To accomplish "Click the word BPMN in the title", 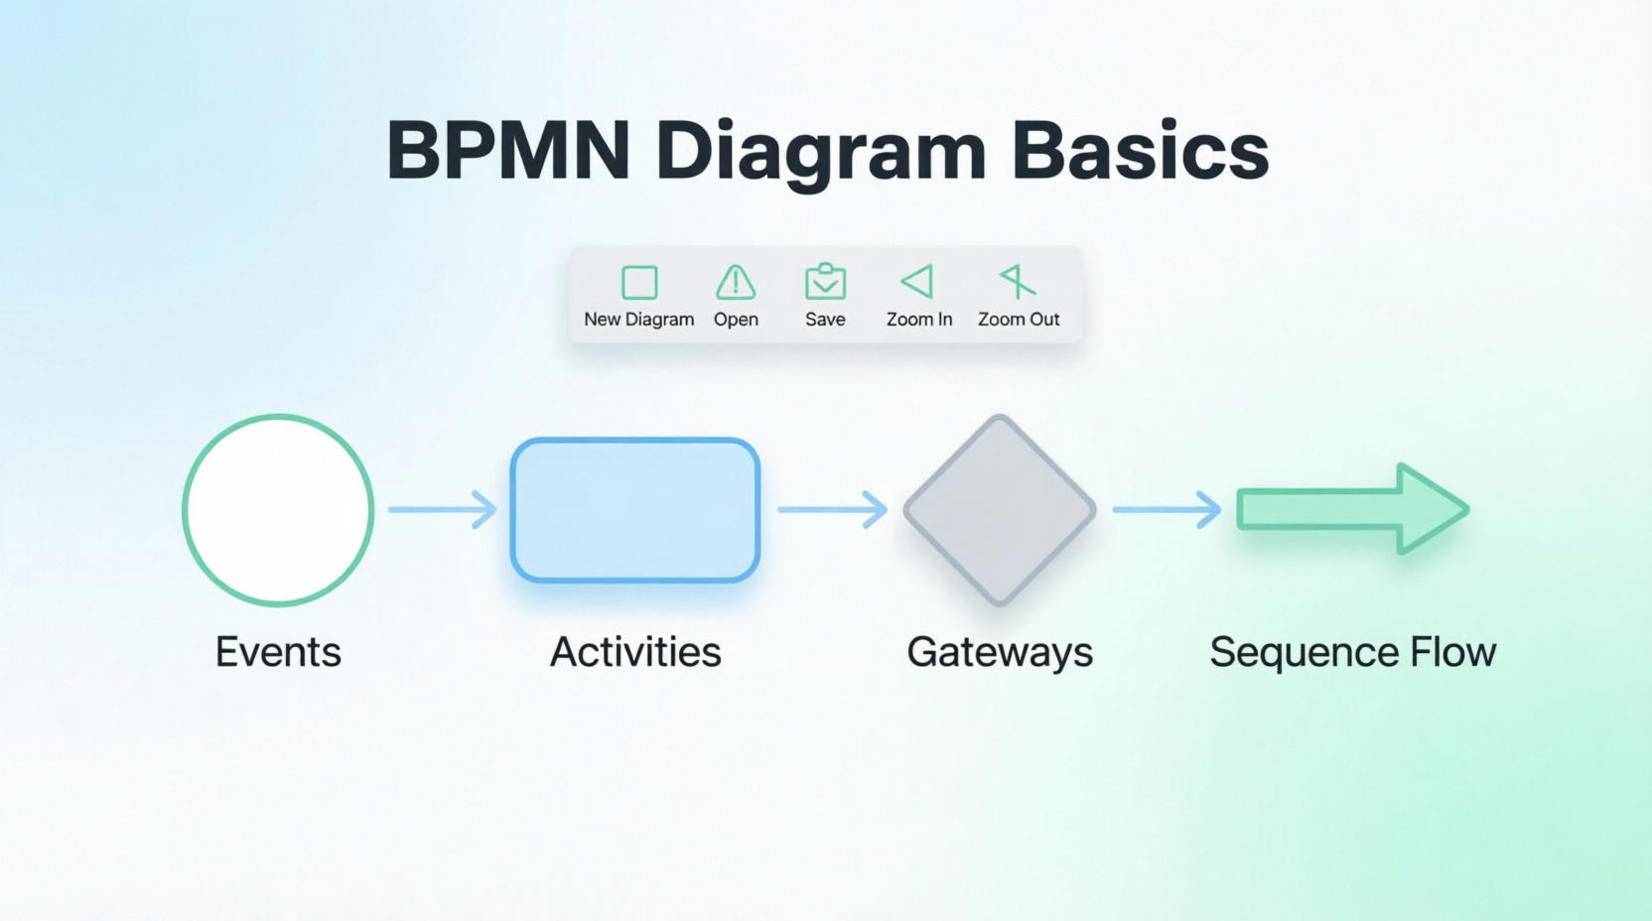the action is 508,150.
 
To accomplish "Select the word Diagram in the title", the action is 821,154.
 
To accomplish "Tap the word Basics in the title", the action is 1140,150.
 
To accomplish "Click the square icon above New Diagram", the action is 639,282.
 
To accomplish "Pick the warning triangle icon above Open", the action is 736,282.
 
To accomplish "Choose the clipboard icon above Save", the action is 825,281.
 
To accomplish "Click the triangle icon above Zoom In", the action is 918,281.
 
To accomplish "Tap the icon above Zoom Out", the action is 1018,281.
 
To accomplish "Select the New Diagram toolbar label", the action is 638,320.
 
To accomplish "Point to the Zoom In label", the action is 919,320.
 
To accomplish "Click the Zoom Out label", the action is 1019,320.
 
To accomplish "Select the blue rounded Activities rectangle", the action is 635,510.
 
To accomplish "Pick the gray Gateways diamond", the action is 1000,510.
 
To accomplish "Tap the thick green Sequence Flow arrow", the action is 1352,509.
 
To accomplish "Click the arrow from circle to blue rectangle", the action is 443,509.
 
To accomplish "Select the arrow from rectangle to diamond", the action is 832,509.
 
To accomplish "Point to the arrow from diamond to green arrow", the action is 1167,509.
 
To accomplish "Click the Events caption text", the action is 278,652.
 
